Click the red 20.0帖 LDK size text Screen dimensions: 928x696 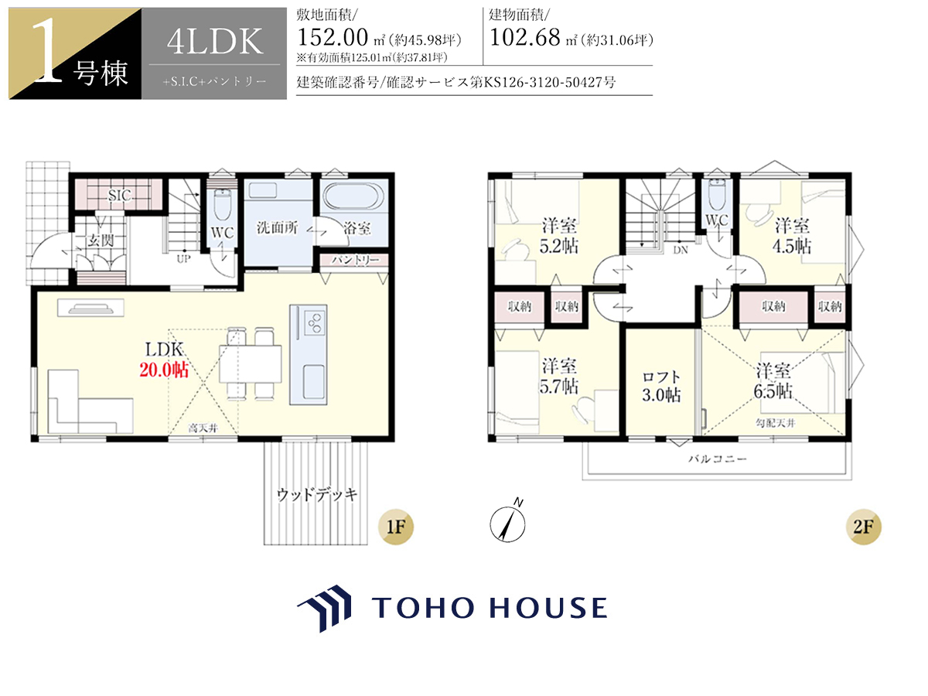[x=164, y=370]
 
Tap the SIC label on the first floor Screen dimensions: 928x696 [x=120, y=195]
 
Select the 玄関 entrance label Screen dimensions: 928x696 [x=101, y=241]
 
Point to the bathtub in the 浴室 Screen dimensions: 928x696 [x=353, y=196]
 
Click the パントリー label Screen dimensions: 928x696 [x=354, y=260]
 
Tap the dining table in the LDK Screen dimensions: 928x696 [x=251, y=363]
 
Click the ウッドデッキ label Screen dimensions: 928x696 [x=317, y=494]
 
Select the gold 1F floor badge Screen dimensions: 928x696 [x=396, y=527]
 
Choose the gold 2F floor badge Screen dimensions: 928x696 [x=863, y=527]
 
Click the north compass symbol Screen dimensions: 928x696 [x=508, y=522]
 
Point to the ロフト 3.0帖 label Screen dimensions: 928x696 [x=661, y=386]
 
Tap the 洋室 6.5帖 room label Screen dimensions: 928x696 [x=773, y=381]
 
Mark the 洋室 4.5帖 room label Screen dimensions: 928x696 [x=792, y=235]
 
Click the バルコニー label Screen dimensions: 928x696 [x=718, y=459]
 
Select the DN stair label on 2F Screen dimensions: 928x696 [x=681, y=250]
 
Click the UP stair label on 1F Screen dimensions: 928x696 [x=183, y=258]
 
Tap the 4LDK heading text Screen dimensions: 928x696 [x=215, y=42]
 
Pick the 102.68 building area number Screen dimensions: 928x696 [x=525, y=37]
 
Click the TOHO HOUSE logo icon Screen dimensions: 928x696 [x=325, y=608]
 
